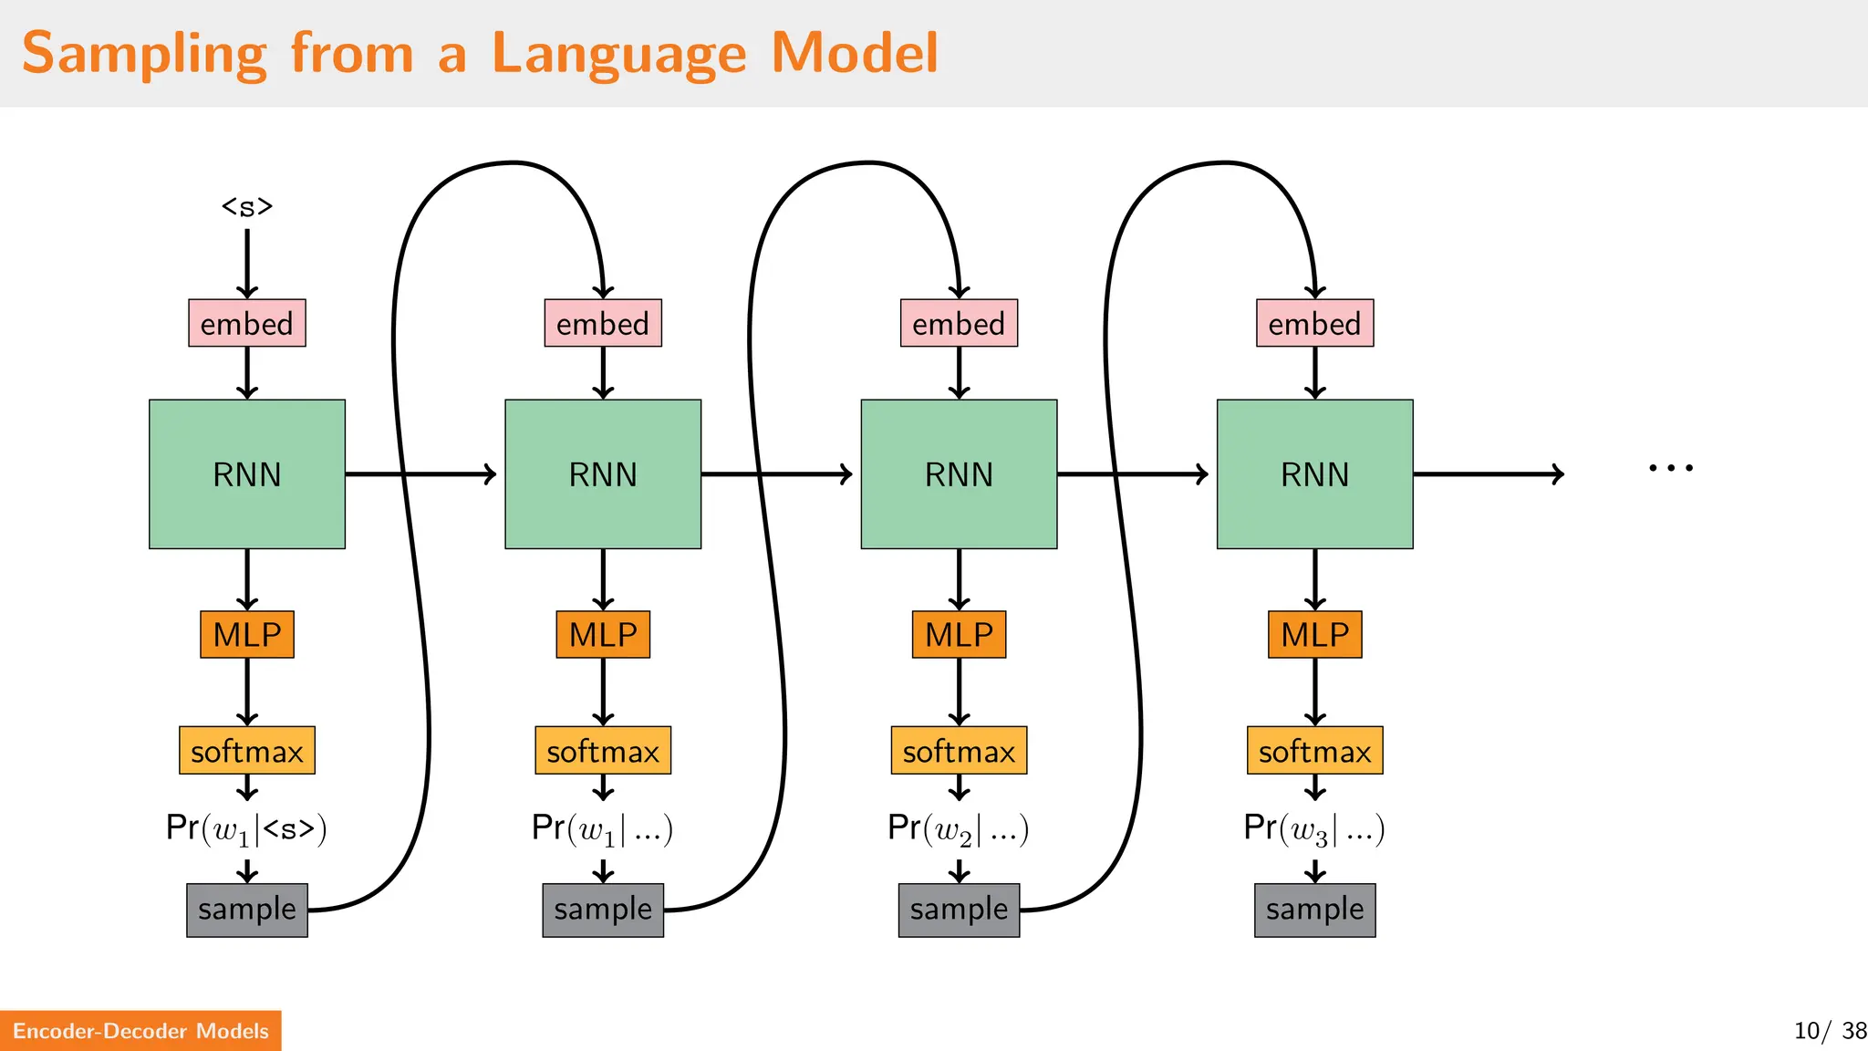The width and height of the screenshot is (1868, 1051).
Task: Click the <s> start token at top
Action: click(x=247, y=207)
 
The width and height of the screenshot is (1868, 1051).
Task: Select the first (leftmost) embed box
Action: click(x=247, y=323)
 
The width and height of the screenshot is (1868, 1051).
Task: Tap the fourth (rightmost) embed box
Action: click(x=1314, y=323)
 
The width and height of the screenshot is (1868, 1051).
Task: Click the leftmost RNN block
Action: click(x=247, y=473)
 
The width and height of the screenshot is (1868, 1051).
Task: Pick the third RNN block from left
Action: click(x=959, y=473)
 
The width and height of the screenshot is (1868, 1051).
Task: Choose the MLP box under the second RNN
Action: click(x=603, y=634)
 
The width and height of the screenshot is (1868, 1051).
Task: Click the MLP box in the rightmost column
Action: click(x=1314, y=634)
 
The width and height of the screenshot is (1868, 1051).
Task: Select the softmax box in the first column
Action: click(x=247, y=751)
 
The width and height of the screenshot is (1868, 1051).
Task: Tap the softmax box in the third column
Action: click(x=959, y=751)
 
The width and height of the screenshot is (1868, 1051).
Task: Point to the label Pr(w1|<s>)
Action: click(x=246, y=828)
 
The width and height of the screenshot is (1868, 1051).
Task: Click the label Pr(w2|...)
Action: click(x=958, y=828)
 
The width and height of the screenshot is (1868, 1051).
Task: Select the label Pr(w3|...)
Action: click(x=1313, y=828)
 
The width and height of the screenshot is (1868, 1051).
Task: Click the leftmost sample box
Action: click(x=247, y=910)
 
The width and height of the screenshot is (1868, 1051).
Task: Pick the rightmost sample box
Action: click(x=1314, y=910)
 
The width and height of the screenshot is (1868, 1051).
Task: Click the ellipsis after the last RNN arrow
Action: click(x=1670, y=468)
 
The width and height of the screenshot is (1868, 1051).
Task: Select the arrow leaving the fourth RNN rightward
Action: click(x=1487, y=473)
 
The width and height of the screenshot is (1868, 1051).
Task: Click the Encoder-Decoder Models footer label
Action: click(x=140, y=1031)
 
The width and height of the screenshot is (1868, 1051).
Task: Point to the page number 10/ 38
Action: click(x=1829, y=1031)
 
